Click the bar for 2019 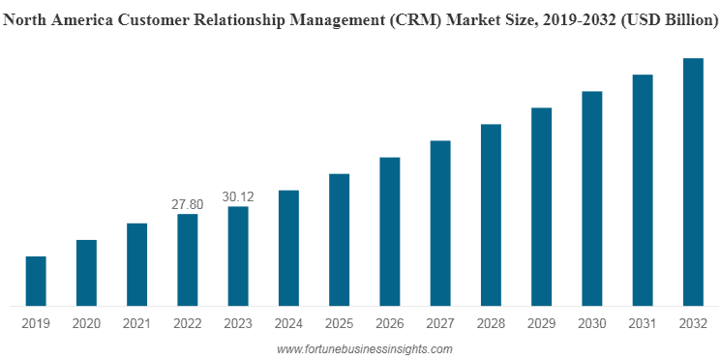pyautogui.click(x=36, y=281)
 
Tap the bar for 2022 pyautogui.click(x=188, y=259)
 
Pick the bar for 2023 pyautogui.click(x=238, y=255)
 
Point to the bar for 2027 pyautogui.click(x=440, y=223)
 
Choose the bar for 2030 pyautogui.click(x=592, y=198)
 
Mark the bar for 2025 pyautogui.click(x=339, y=239)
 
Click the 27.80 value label pyautogui.click(x=188, y=204)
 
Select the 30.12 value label pyautogui.click(x=238, y=196)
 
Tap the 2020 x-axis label pyautogui.click(x=86, y=323)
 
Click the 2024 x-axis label pyautogui.click(x=288, y=323)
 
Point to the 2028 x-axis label pyautogui.click(x=491, y=323)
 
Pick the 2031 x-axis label pyautogui.click(x=643, y=323)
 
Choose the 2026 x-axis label pyautogui.click(x=389, y=323)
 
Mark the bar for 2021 pyautogui.click(x=137, y=264)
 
